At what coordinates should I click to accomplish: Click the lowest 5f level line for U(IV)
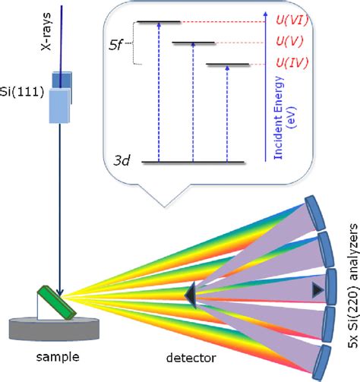tap(229, 65)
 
